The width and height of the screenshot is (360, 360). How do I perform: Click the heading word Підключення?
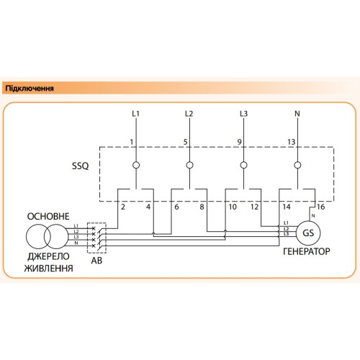click(30, 89)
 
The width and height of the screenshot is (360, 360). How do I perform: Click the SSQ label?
click(81, 166)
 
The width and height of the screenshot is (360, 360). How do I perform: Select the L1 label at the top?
click(136, 114)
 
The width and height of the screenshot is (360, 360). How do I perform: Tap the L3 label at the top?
click(243, 114)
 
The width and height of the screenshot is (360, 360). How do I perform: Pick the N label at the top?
click(297, 114)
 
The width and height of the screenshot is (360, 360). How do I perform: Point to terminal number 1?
click(132, 142)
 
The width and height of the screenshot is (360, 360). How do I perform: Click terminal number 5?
click(185, 142)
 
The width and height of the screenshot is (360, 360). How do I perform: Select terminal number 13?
click(292, 142)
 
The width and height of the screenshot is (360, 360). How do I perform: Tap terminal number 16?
click(320, 207)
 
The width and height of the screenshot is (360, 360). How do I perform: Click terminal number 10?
click(233, 207)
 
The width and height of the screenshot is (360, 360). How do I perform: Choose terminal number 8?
click(202, 207)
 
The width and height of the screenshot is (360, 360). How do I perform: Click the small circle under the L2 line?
click(189, 165)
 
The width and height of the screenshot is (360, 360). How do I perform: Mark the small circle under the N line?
click(297, 165)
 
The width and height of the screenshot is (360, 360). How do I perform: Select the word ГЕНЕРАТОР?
click(307, 251)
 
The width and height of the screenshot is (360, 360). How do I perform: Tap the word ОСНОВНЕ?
click(48, 217)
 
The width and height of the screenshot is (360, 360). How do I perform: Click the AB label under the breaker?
click(96, 261)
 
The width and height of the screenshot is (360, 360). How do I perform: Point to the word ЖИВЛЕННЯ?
click(49, 268)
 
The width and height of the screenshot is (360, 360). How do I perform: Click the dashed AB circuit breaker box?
click(87, 238)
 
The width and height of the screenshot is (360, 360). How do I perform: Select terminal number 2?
click(123, 207)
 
